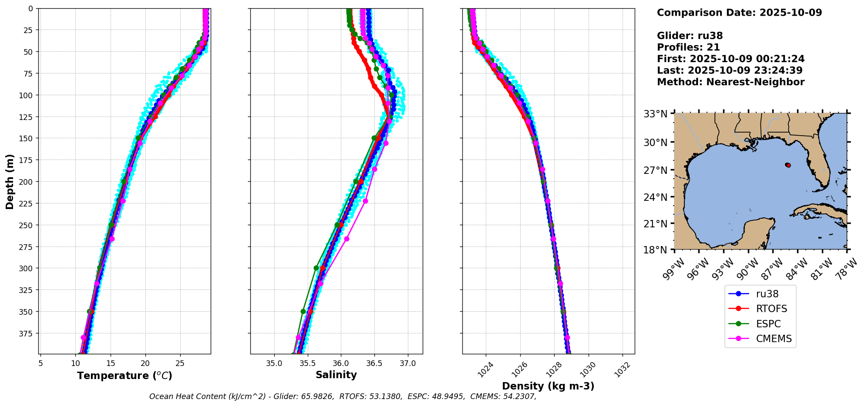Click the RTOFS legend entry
coord(771,309)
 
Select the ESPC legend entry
coord(768,324)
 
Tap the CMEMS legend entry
coord(774,339)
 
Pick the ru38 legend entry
coord(767,294)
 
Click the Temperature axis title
coord(125,376)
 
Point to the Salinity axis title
coord(336,375)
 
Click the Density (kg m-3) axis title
coord(548,386)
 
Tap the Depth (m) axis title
coord(10,181)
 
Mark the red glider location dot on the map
coord(788,165)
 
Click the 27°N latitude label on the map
coord(655,170)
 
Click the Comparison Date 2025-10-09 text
coord(739,13)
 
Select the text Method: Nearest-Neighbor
coord(730,82)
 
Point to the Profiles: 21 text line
coord(688,47)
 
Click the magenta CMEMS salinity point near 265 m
coord(347,239)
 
